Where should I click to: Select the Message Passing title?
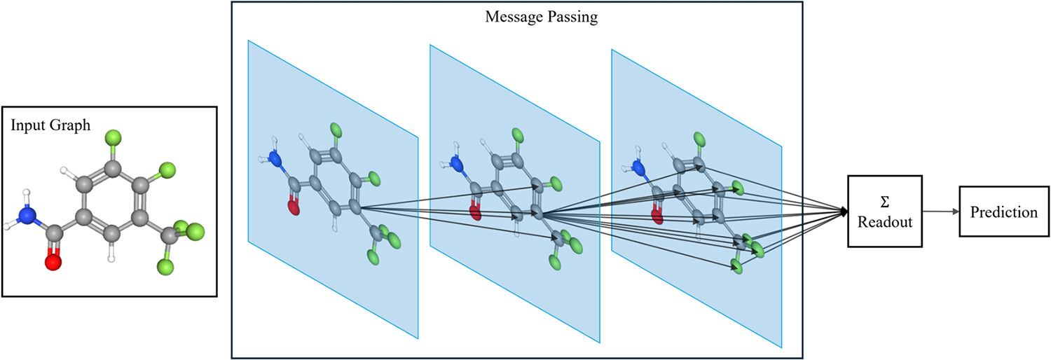(542, 17)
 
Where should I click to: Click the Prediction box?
(1003, 212)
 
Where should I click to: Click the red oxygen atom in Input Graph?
(53, 263)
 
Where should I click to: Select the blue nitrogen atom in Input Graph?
(27, 216)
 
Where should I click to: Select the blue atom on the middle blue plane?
(457, 165)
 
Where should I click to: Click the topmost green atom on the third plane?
(699, 138)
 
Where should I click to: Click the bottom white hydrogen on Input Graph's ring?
(111, 258)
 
